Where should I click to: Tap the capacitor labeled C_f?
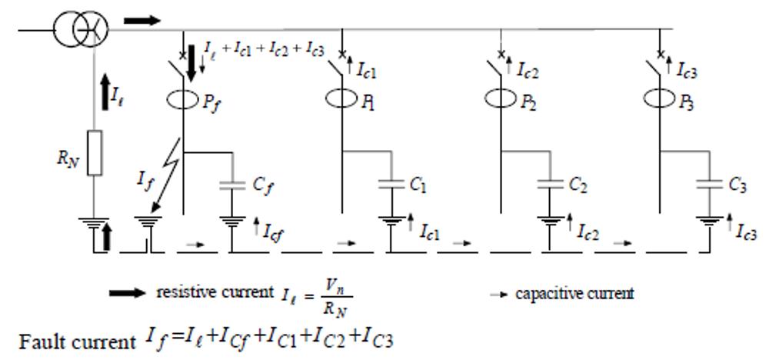[231, 185]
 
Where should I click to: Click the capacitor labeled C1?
[391, 185]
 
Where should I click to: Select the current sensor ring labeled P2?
[501, 99]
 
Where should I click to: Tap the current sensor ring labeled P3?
[659, 99]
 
